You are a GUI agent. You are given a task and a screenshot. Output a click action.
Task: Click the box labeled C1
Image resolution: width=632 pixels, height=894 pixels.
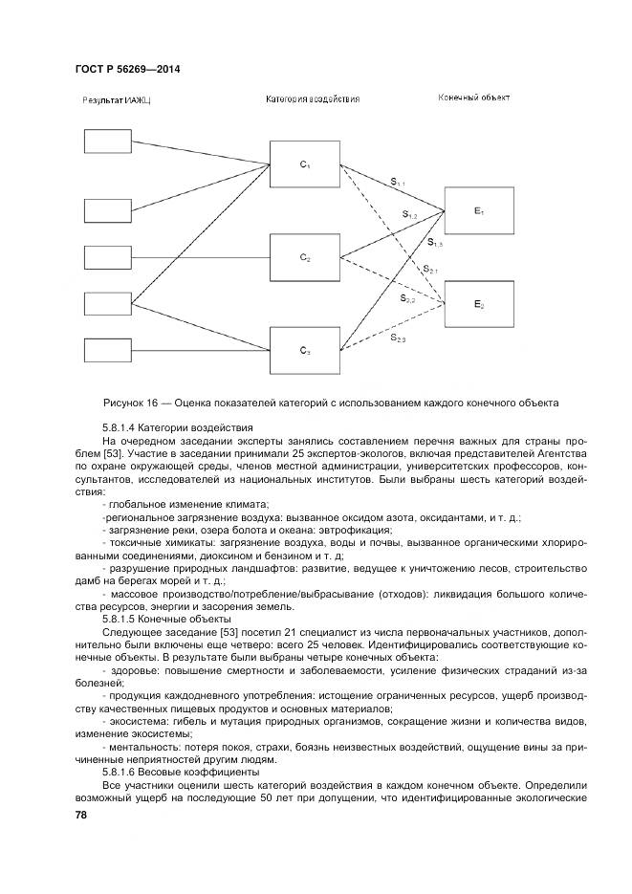[x=304, y=165]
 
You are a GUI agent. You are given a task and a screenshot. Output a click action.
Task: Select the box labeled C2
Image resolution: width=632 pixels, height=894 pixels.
[x=304, y=258]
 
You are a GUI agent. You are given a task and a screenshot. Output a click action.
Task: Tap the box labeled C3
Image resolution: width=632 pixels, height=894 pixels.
[x=304, y=351]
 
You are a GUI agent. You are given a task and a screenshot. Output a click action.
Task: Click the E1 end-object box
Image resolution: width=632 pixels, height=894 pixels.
[x=479, y=209]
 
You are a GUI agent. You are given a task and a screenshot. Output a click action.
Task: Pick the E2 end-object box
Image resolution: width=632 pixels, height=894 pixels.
[x=479, y=304]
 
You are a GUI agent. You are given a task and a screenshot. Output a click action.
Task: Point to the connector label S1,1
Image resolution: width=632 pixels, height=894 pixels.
[x=397, y=182]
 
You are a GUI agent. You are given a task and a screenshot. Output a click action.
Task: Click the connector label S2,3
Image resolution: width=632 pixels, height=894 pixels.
[x=398, y=338]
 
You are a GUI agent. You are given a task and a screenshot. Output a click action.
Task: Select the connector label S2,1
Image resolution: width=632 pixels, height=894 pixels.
[x=429, y=271]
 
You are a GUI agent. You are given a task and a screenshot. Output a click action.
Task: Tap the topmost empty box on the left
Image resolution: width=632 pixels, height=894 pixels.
[x=111, y=141]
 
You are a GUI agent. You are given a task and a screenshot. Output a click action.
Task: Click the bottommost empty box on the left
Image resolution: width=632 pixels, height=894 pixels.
[x=111, y=351]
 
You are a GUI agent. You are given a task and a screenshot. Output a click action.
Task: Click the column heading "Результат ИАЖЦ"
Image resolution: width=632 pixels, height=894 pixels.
[x=117, y=99]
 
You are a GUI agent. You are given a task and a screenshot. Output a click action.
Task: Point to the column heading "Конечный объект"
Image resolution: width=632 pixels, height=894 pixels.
[x=474, y=98]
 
